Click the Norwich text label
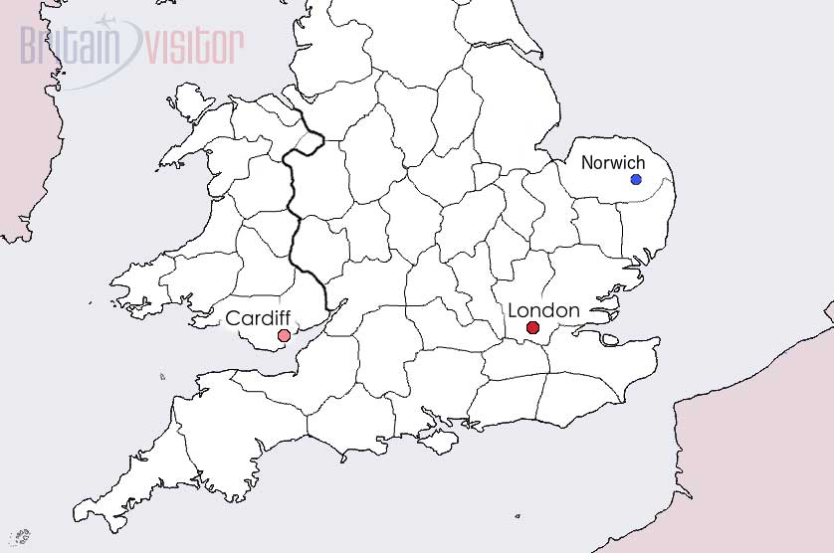(613, 162)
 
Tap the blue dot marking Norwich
(636, 179)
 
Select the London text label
(543, 310)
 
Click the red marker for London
(533, 328)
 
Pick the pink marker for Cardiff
(284, 336)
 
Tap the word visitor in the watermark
(195, 45)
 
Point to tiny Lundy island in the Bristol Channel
(162, 376)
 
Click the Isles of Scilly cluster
(20, 538)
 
